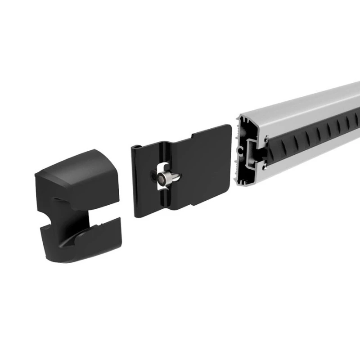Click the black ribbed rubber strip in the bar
pyautogui.click(x=315, y=135)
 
